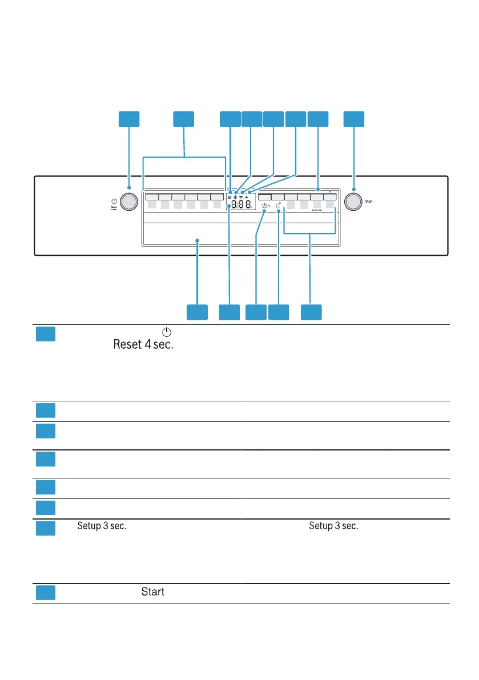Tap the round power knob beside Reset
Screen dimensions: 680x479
pos(130,202)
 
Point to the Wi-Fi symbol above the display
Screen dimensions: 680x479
pos(241,197)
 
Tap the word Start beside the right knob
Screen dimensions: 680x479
pos(369,201)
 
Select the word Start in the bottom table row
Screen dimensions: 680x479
pos(153,592)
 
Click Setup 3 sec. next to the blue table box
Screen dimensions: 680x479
pos(102,526)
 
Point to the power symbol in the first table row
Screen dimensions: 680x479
pos(167,332)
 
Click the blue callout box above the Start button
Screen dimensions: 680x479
pos(353,118)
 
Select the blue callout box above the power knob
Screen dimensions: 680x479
pos(129,118)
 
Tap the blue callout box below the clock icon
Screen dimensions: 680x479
pos(256,312)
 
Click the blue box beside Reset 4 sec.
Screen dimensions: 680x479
pos(46,334)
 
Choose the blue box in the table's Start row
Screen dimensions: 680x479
pos(46,593)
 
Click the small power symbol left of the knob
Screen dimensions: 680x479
pos(114,202)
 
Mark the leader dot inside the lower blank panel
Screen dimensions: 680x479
pos(198,241)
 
